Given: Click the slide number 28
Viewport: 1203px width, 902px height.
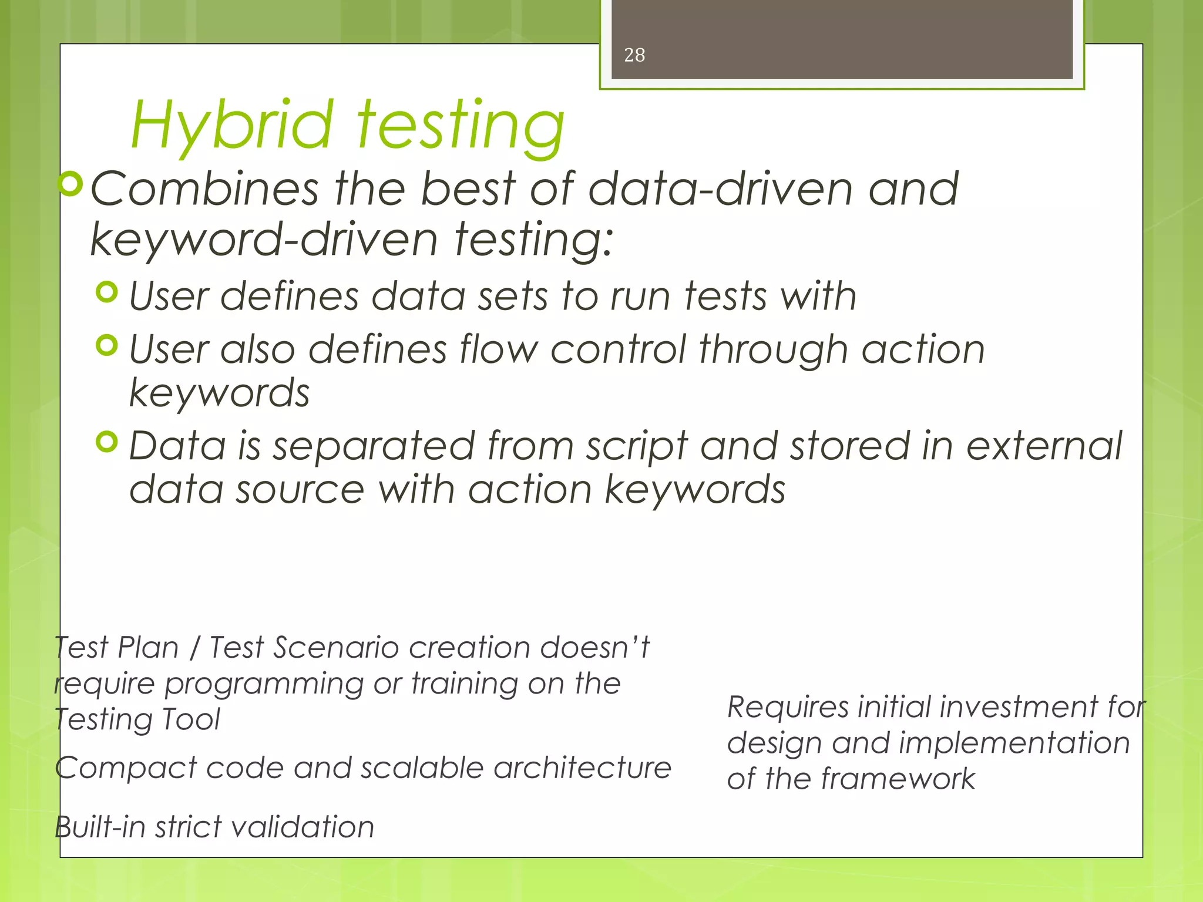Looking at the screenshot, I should click(x=634, y=55).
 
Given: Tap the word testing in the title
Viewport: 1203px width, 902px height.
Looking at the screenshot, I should click(x=461, y=126).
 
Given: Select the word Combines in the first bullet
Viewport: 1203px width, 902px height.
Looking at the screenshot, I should click(x=204, y=189).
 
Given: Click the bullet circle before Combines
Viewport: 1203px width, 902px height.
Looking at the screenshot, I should click(x=71, y=184).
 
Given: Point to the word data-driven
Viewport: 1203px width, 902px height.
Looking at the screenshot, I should click(x=720, y=189).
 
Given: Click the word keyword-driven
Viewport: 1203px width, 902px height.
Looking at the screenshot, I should click(x=264, y=240).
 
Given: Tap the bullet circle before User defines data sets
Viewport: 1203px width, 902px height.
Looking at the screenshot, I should click(x=107, y=291).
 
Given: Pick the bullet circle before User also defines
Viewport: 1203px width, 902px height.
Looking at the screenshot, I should click(x=107, y=345).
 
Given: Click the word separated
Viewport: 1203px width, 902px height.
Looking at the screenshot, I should click(x=373, y=446).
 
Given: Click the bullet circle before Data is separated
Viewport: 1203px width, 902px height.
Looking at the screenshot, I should click(x=107, y=442).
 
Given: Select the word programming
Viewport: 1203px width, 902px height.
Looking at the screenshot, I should click(x=264, y=685).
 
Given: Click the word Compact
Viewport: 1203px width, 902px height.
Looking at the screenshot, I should click(x=126, y=768).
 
